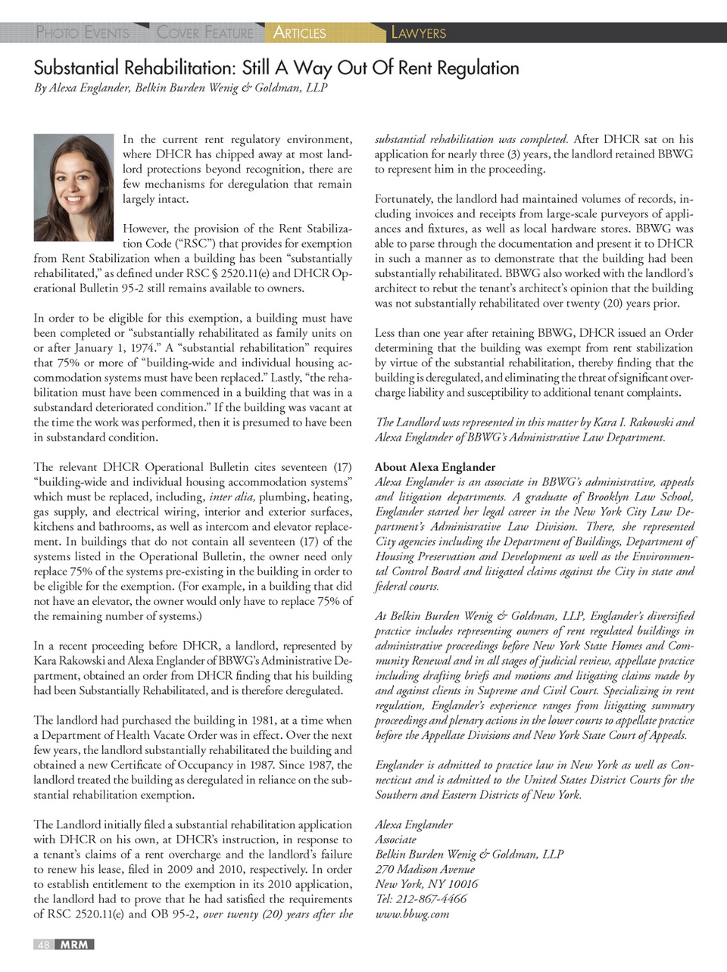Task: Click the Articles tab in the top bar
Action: coord(299,33)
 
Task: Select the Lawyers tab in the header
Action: coord(418,33)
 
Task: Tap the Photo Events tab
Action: coord(83,33)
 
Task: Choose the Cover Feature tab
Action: coord(204,33)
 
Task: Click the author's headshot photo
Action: coord(73,187)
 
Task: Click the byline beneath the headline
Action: coord(180,88)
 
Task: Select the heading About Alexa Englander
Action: coord(435,467)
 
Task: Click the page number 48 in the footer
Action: coord(44,945)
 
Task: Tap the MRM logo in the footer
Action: coord(74,945)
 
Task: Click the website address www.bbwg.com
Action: coord(412,914)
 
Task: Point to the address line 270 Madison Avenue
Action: coord(425,869)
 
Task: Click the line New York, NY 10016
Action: coord(426,884)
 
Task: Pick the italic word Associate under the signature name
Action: coord(395,840)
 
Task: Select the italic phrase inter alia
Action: coord(232,497)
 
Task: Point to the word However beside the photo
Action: coord(145,229)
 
